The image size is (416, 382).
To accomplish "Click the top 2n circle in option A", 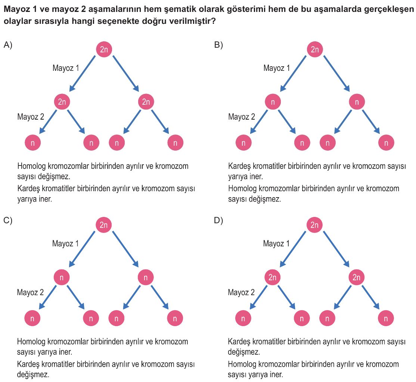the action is coord(104,49).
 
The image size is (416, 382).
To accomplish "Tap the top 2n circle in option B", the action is coord(315,49).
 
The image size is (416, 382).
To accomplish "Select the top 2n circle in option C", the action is coord(103,225).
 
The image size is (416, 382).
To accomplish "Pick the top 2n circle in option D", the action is coord(314,225).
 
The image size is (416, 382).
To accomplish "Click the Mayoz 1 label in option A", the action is coord(66,68).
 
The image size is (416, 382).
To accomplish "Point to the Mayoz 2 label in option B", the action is coord(242,117).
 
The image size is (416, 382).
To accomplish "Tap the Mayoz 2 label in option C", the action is coord(30,292).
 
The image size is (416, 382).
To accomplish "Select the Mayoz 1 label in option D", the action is coord(276,243).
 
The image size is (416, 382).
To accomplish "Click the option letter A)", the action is coord(8,45).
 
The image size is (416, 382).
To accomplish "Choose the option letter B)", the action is coord(218,45).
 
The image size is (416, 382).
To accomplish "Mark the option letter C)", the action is coord(8,221).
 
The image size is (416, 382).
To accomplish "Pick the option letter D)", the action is coord(218,221).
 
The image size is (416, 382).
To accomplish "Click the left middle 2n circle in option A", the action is coord(62,102).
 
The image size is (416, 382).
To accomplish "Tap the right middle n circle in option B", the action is coord(357,102).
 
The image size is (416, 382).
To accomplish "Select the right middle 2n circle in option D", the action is coord(356,277).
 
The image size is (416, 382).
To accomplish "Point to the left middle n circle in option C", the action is coord(62,277).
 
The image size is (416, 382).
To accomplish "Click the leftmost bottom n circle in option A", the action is coord(32,143).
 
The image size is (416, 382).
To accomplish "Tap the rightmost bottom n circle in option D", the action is coord(386,318).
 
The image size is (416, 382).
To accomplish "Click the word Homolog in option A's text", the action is coord(31,166).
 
